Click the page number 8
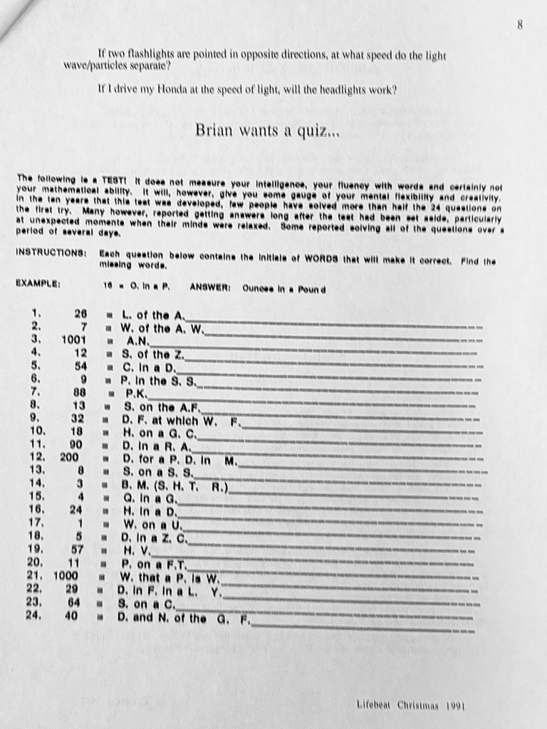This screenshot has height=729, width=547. tap(521, 26)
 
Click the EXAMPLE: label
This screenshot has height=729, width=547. tap(39, 283)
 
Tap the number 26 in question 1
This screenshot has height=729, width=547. tap(80, 313)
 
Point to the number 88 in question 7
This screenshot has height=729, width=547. tap(78, 392)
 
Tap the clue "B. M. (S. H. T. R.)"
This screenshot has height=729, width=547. tap(174, 486)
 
